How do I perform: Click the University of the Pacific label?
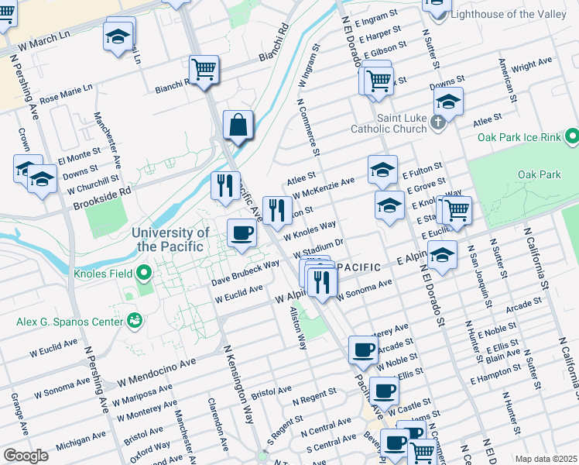pyautogui.click(x=170, y=239)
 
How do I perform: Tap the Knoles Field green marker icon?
pyautogui.click(x=143, y=273)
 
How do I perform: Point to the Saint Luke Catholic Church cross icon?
pyautogui.click(x=438, y=121)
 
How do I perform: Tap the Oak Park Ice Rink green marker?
pyautogui.click(x=571, y=137)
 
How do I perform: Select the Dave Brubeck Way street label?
pyautogui.click(x=245, y=273)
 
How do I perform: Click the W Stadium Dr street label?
pyautogui.click(x=317, y=250)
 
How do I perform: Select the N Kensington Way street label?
pyautogui.click(x=238, y=384)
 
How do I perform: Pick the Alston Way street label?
pyautogui.click(x=299, y=329)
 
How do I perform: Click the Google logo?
pyautogui.click(x=26, y=455)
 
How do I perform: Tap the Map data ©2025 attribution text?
pyautogui.click(x=545, y=459)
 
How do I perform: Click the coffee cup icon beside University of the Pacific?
pyautogui.click(x=242, y=233)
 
